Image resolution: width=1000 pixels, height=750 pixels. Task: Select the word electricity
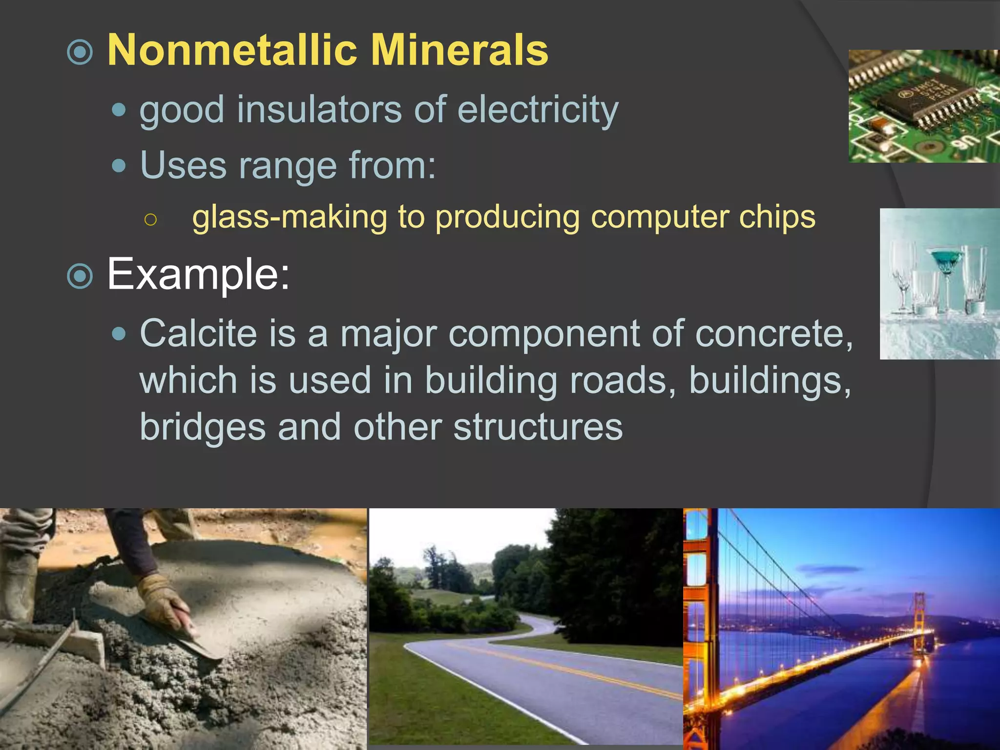tap(538, 110)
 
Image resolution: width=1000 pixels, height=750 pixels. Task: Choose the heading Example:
tap(198, 274)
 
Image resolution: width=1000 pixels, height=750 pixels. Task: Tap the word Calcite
tap(198, 333)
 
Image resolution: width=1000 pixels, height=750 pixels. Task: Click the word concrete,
tap(773, 334)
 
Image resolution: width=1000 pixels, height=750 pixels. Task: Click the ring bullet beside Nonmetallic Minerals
tap(80, 52)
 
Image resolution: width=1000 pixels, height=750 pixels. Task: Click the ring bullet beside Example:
tap(80, 276)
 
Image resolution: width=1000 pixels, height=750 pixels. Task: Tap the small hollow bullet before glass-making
tap(151, 220)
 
